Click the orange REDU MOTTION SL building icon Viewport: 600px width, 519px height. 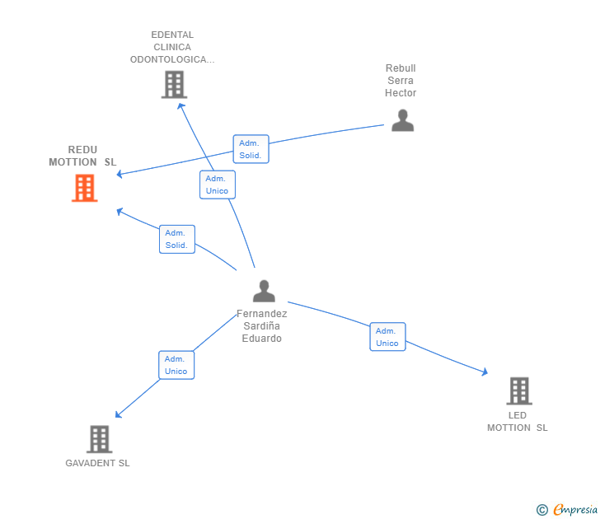85,188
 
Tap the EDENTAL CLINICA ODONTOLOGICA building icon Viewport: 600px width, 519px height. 174,85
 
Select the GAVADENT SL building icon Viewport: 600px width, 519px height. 100,439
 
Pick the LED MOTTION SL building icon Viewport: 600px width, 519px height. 519,390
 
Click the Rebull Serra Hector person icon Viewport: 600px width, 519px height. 402,120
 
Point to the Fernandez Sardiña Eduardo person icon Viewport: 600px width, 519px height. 264,291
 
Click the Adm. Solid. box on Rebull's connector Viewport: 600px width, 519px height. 251,149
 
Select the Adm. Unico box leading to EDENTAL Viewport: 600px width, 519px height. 218,185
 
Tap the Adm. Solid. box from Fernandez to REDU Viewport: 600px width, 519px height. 177,240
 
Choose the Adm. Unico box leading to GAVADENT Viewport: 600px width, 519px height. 176,365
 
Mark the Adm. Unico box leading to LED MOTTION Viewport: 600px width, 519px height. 387,337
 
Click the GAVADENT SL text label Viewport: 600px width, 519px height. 97,463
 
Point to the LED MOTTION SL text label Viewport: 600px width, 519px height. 518,422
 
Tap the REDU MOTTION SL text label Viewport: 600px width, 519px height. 82,156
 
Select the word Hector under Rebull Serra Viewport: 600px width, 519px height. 401,93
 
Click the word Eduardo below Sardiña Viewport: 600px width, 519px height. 262,339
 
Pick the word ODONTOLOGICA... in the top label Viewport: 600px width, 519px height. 172,59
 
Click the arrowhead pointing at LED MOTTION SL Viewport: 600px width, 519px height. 485,372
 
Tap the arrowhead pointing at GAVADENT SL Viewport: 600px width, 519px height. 118,414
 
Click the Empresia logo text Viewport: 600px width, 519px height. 575,509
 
